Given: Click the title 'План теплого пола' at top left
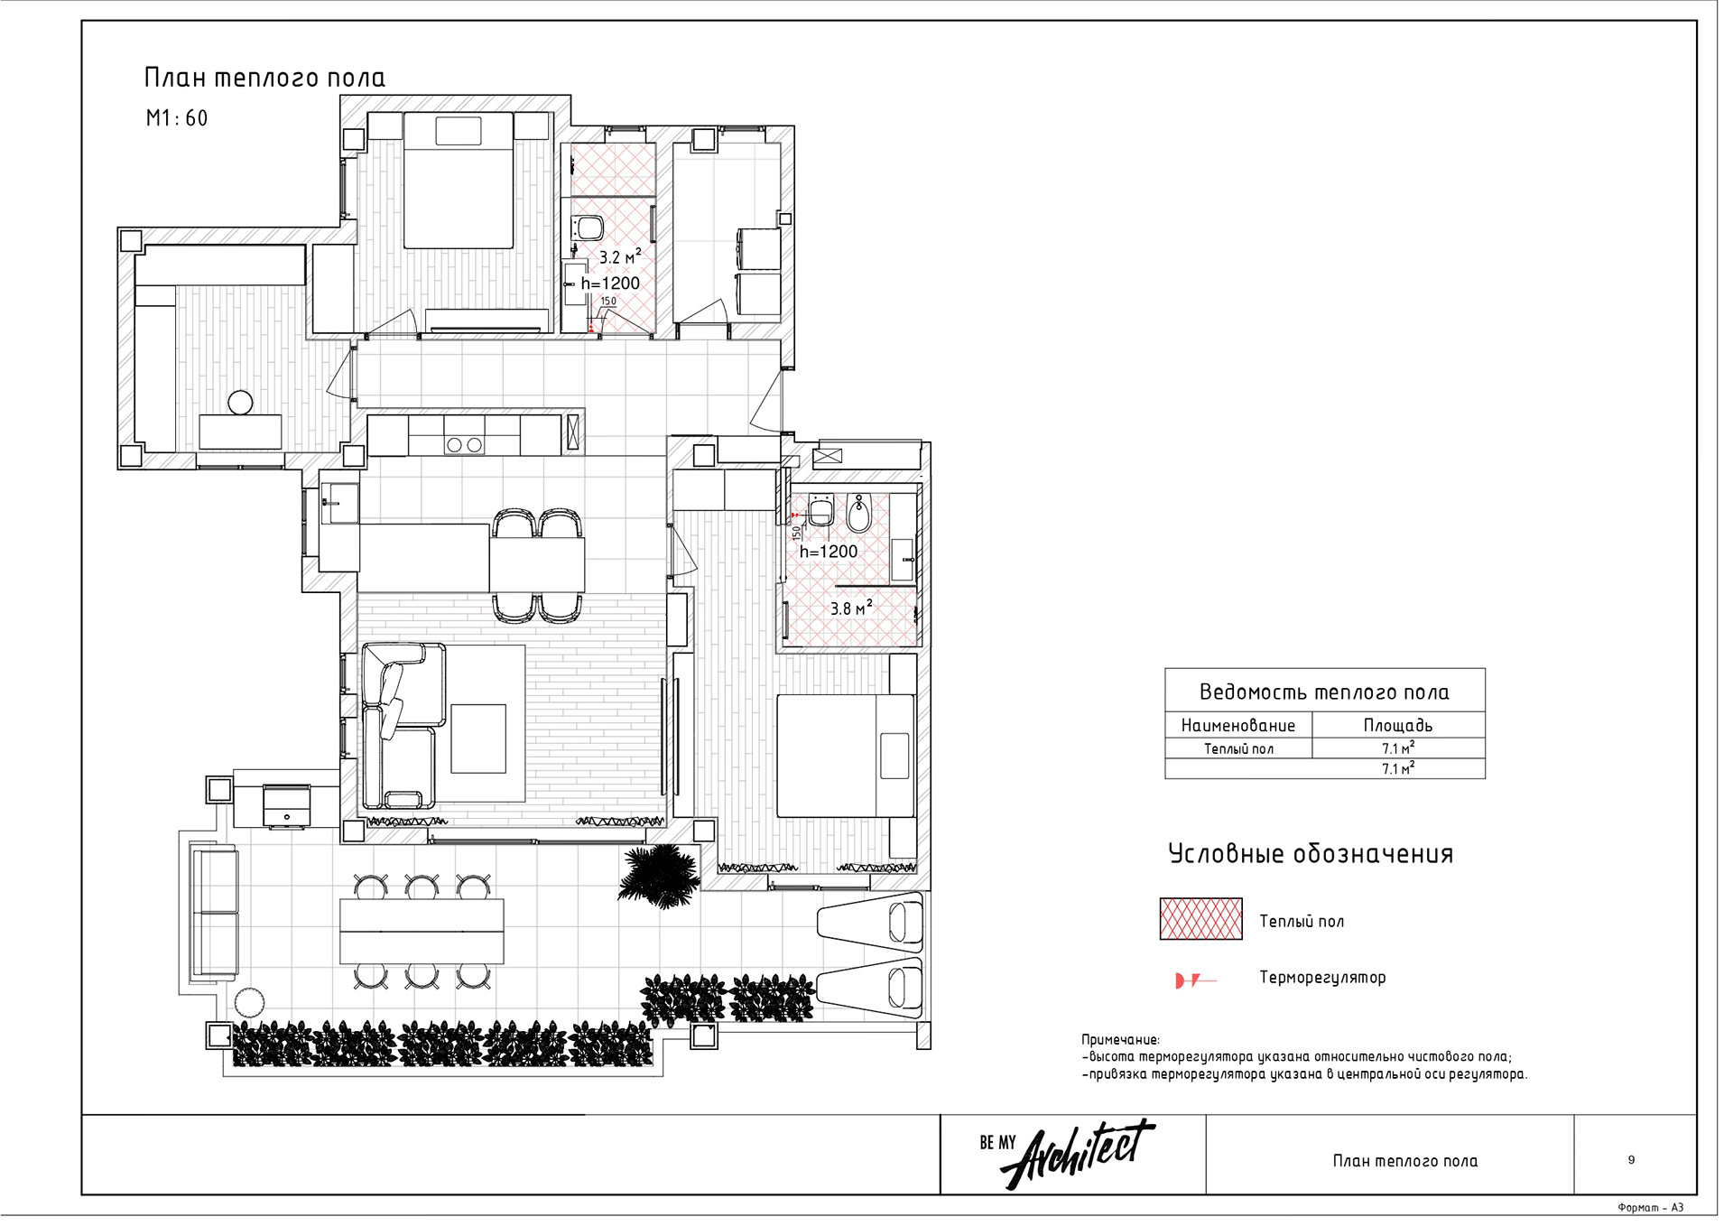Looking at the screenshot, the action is point(264,78).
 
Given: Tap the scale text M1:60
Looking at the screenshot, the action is point(177,118).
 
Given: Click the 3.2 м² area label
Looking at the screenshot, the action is point(620,256).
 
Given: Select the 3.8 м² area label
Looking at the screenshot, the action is point(851,608).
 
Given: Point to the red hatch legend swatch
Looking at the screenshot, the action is point(1200,919).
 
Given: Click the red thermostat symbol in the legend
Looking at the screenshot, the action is point(1195,980).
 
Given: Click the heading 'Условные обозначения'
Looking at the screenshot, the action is point(1311,854).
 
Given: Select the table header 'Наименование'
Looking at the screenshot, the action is point(1237,725).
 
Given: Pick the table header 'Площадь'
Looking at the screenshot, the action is point(1397,725).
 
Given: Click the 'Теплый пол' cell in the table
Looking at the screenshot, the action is point(1238,748).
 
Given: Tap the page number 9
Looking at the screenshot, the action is point(1631,1160).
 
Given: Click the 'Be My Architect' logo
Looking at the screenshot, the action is point(1067,1154).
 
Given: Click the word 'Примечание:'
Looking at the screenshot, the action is point(1120,1040).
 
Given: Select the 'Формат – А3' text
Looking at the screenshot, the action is point(1650,1208).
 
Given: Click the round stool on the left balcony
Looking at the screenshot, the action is point(240,403).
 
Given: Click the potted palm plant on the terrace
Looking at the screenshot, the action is point(660,876).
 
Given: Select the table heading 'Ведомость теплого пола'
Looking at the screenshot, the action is point(1324,692).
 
